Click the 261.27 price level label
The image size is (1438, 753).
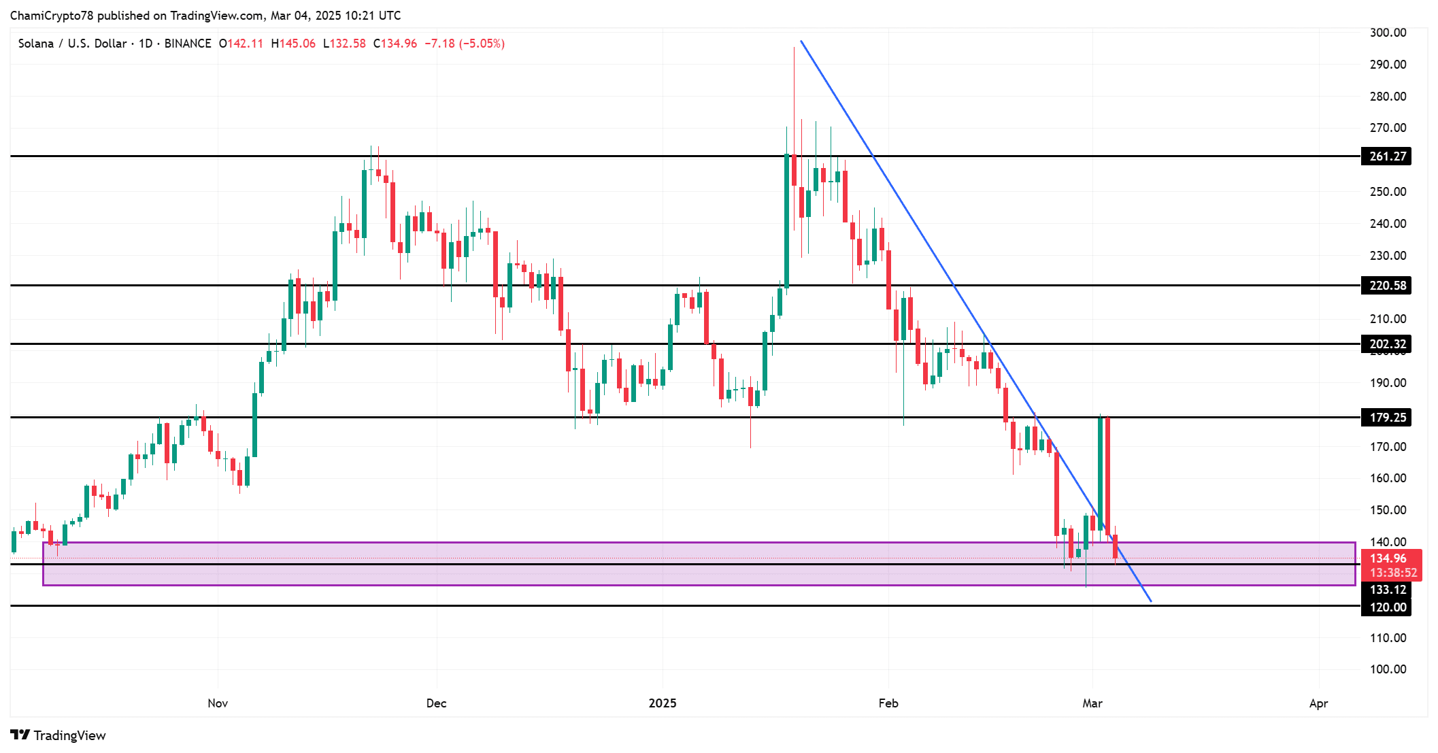click(1386, 156)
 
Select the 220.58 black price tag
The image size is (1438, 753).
click(1386, 286)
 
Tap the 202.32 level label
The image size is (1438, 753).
click(1386, 344)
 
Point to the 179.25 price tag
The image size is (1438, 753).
click(1386, 418)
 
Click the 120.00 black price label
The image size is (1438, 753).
click(1386, 607)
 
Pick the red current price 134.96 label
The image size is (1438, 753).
click(1388, 558)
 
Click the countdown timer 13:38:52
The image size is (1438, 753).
click(1393, 573)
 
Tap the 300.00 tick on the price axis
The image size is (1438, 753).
click(1388, 33)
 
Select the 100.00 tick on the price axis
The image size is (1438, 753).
click(1388, 669)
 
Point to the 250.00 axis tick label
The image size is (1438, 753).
click(1388, 192)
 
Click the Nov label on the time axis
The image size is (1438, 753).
click(218, 703)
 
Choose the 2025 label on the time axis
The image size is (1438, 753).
click(663, 703)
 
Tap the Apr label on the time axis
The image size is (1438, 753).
click(1318, 703)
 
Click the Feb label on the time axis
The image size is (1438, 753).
click(888, 703)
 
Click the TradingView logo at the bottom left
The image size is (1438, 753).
click(58, 735)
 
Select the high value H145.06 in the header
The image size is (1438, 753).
click(293, 44)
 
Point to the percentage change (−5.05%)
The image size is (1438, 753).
click(482, 44)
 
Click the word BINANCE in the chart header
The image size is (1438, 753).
click(188, 44)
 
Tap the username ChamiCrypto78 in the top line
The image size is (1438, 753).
click(52, 16)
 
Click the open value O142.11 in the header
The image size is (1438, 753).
click(241, 44)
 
